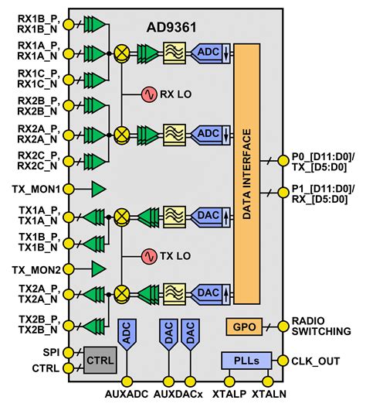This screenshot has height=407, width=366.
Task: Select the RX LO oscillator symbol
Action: coord(147,94)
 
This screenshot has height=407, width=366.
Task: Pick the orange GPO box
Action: coord(241,327)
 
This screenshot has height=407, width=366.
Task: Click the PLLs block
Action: coord(245,360)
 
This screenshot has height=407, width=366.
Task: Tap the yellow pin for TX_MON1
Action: coord(68,189)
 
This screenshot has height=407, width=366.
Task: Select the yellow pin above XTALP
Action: coord(229,381)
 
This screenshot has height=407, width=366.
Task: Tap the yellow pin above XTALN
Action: coord(267,381)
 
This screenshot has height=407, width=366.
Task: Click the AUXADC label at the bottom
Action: coord(127,395)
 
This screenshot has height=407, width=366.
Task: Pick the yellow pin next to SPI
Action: coord(68,352)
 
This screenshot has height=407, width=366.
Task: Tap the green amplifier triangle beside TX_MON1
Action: coord(98,189)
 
